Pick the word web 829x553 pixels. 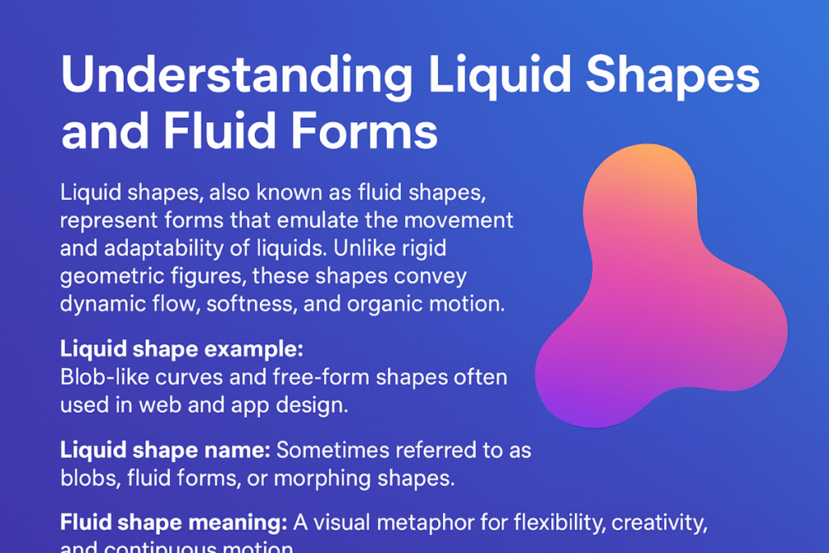[x=153, y=405]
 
